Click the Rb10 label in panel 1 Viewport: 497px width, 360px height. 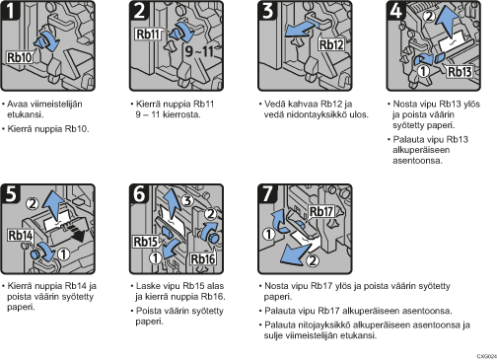pyautogui.click(x=20, y=57)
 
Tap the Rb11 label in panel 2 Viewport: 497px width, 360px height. pyautogui.click(x=148, y=35)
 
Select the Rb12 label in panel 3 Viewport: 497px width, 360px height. pyautogui.click(x=331, y=44)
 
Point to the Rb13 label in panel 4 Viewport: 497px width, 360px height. pyautogui.click(x=460, y=71)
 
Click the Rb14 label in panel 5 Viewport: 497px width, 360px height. pyautogui.click(x=21, y=236)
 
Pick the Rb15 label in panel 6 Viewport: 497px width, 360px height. pyautogui.click(x=146, y=242)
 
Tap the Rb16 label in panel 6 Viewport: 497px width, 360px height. pyautogui.click(x=203, y=259)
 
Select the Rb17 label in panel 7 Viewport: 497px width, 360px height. pyautogui.click(x=321, y=212)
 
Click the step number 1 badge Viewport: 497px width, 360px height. pyautogui.click(x=11, y=11)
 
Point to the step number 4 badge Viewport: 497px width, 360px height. pyautogui.click(x=396, y=11)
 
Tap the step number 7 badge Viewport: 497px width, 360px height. pyautogui.click(x=267, y=193)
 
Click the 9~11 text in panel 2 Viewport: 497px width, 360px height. pyautogui.click(x=199, y=51)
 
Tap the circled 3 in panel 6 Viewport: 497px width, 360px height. pyautogui.click(x=187, y=200)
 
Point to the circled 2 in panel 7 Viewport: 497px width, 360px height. pyautogui.click(x=313, y=260)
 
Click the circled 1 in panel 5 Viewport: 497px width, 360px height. pyautogui.click(x=63, y=253)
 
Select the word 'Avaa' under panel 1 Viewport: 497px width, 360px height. pyautogui.click(x=17, y=105)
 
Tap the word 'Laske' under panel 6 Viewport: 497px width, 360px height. pyautogui.click(x=147, y=286)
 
